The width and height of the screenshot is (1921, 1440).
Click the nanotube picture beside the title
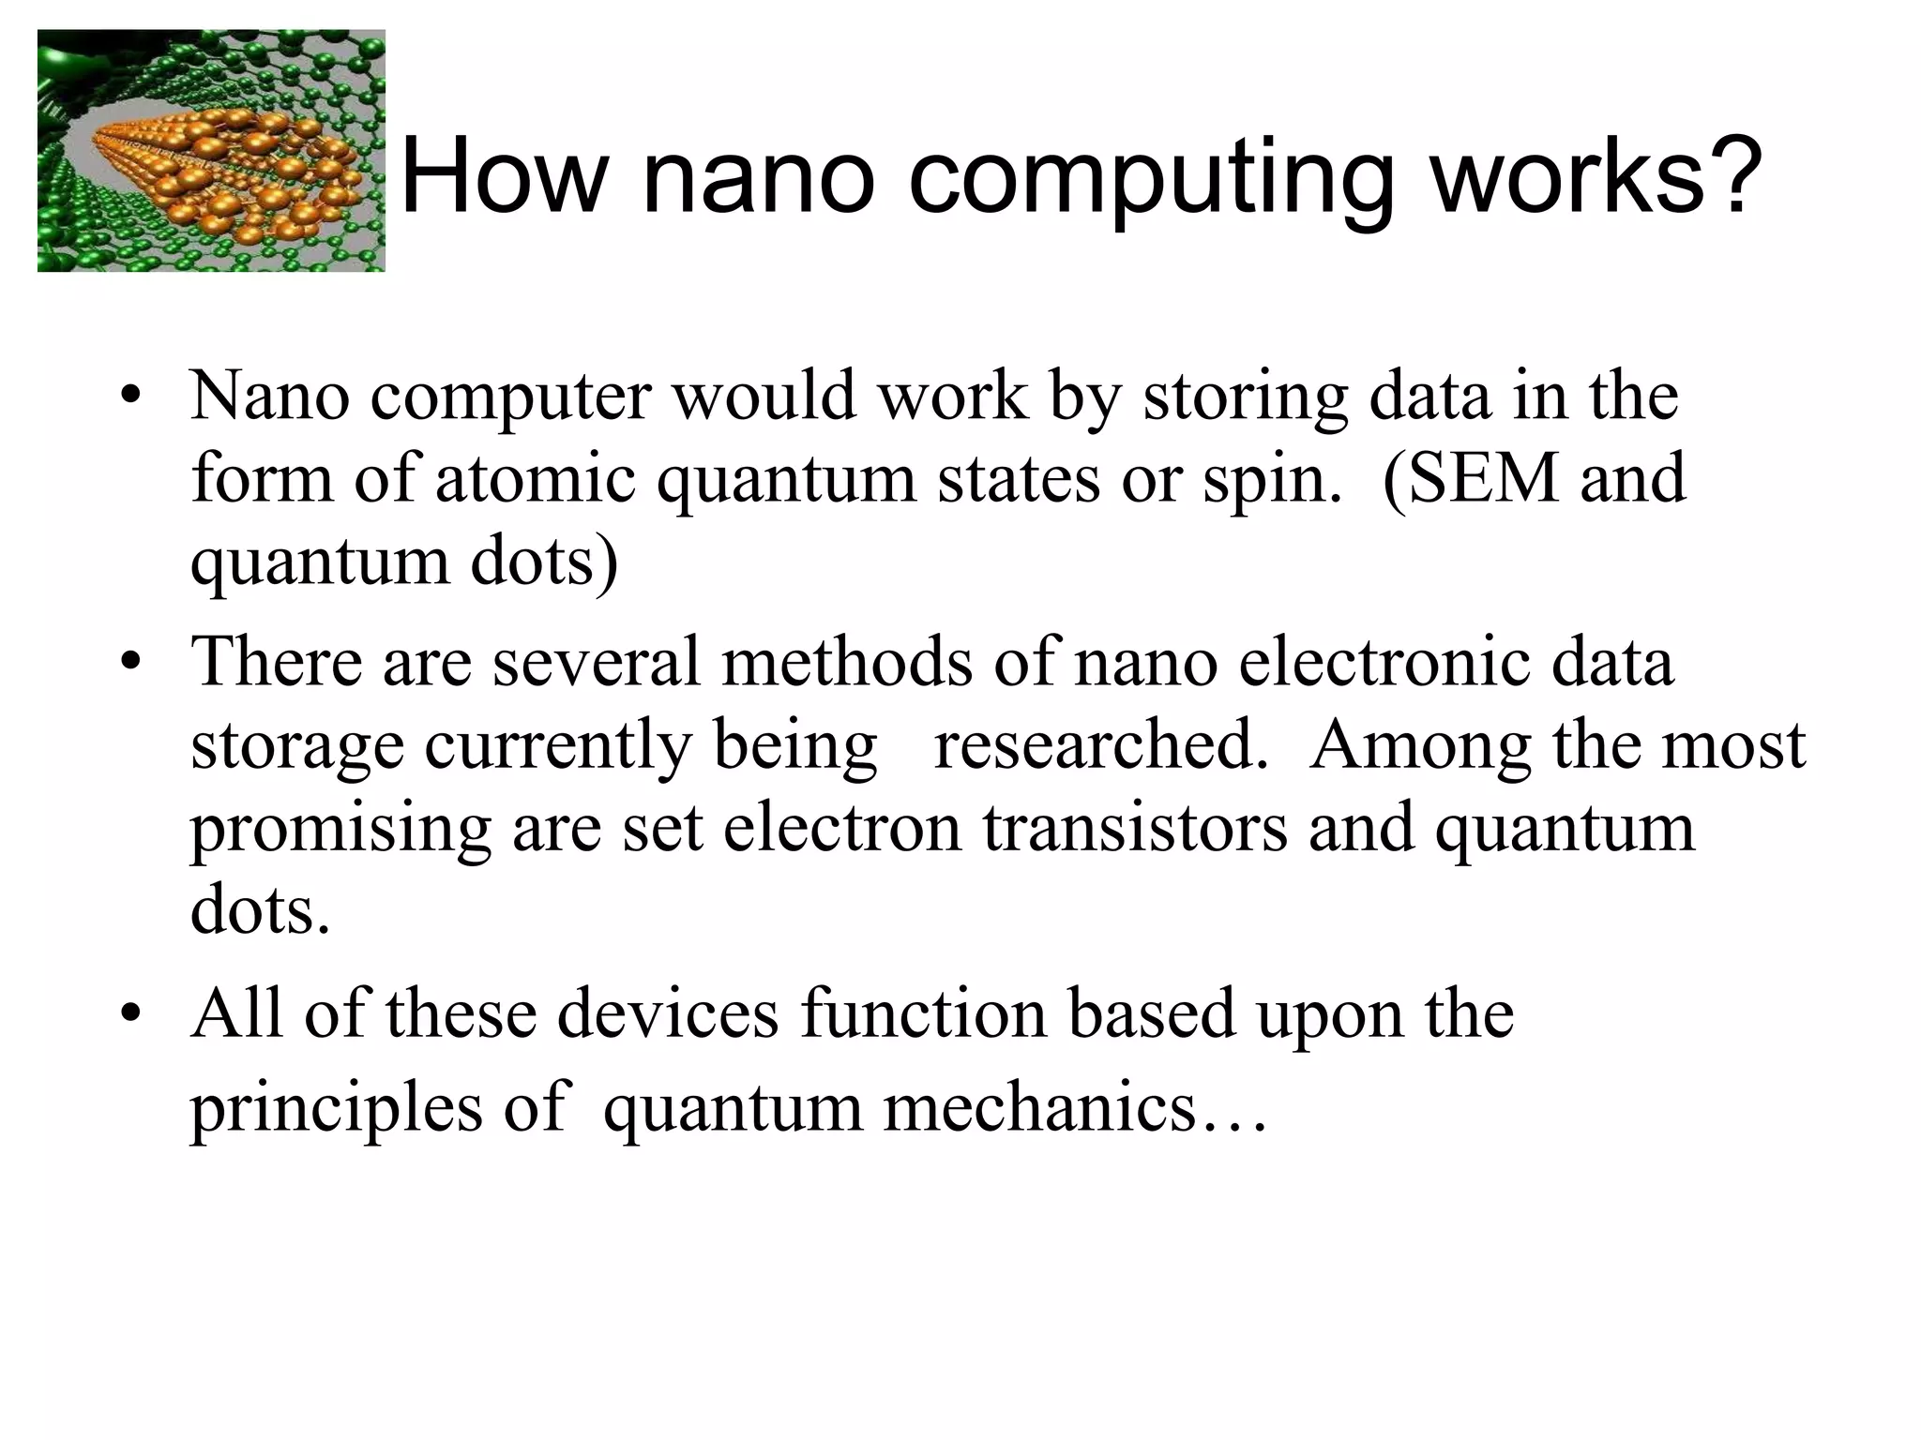tap(211, 151)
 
